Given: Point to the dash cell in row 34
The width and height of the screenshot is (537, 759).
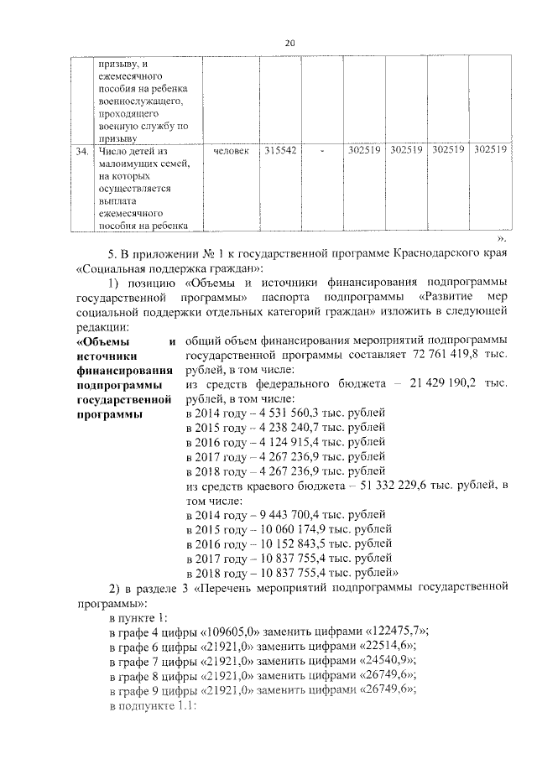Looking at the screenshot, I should pyautogui.click(x=321, y=151).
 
